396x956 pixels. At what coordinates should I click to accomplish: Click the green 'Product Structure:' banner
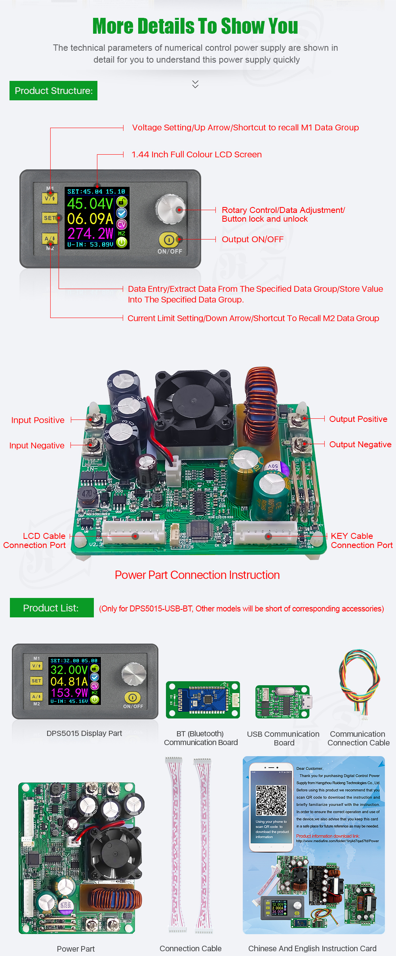click(53, 91)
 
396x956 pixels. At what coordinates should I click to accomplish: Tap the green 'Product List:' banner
click(51, 608)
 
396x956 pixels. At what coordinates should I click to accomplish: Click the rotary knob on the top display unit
click(170, 209)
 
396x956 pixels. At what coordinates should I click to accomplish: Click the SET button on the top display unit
click(49, 218)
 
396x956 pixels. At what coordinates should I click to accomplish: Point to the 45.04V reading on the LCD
click(90, 204)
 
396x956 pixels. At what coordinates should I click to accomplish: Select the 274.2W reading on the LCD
click(90, 233)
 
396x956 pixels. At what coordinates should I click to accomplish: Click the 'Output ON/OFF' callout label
click(253, 239)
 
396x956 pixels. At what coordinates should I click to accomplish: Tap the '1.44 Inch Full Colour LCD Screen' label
click(196, 155)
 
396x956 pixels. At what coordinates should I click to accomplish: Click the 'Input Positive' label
click(38, 420)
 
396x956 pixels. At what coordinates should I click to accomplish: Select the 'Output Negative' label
click(360, 444)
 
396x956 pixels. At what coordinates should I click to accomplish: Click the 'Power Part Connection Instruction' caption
click(197, 575)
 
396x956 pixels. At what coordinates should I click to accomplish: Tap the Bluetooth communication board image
click(203, 700)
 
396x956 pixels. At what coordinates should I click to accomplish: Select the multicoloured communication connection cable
click(360, 682)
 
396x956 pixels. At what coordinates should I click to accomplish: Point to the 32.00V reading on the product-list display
click(69, 670)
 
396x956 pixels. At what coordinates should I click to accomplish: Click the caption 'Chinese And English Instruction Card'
click(312, 948)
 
